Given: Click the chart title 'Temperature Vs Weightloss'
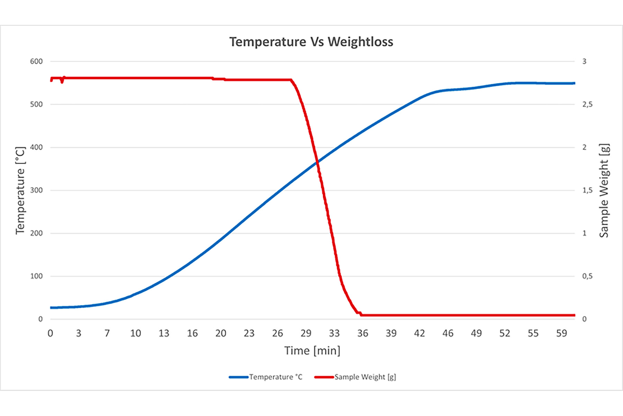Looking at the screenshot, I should coord(311,42).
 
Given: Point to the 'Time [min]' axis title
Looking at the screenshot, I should coord(312,351).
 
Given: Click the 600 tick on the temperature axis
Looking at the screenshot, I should coord(35,61).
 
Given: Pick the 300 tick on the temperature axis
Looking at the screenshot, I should coord(35,190).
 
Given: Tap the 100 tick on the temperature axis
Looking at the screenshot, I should coord(35,276).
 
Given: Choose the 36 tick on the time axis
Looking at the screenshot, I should coord(362,333).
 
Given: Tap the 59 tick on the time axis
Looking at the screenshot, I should coord(561,333).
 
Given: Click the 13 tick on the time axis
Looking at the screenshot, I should coord(164,333).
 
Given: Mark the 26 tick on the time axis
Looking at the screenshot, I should coord(278,333).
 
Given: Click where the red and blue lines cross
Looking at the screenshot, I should coord(317,162).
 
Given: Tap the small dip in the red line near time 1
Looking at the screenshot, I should coord(62,82).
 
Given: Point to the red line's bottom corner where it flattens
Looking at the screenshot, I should coord(361,315).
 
